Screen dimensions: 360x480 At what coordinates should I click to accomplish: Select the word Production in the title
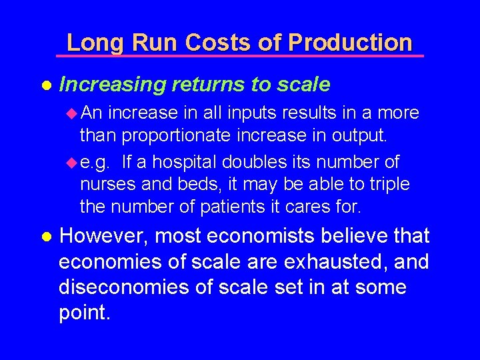pos(350,43)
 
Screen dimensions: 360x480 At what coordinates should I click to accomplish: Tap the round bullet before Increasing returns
pos(45,85)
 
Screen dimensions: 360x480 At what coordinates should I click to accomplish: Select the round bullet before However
pos(45,237)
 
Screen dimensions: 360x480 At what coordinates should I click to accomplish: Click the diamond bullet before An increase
pos(73,113)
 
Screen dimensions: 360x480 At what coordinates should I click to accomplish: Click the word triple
pos(388,183)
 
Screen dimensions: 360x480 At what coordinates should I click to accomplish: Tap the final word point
pos(83,313)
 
